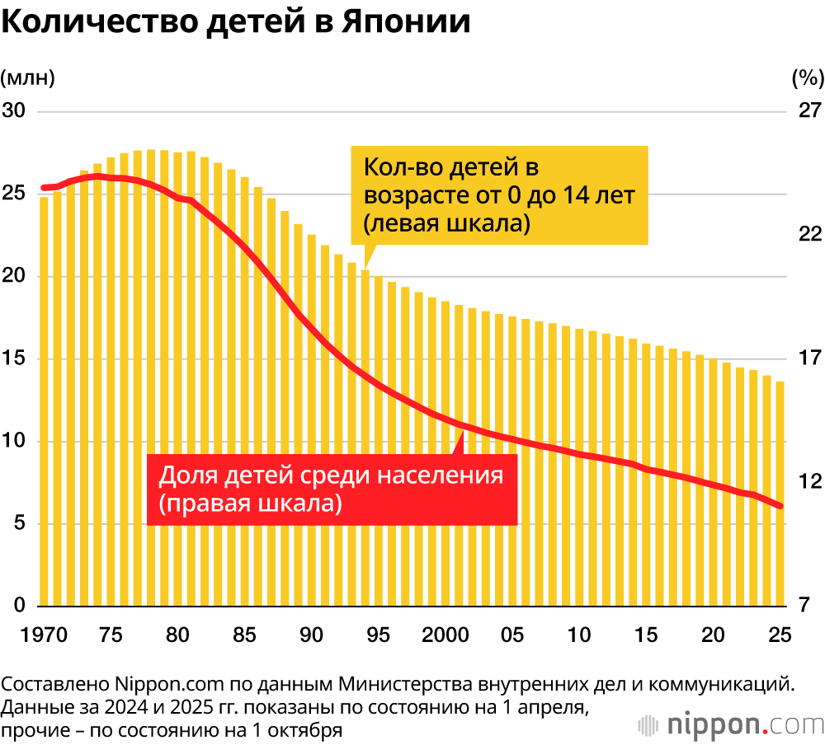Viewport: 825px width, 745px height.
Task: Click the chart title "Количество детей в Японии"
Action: (236, 22)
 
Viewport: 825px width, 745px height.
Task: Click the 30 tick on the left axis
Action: (15, 110)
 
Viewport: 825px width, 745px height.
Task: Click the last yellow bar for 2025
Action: (780, 494)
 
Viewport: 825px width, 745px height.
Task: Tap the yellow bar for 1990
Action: (312, 421)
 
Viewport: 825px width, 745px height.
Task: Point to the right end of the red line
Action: (780, 506)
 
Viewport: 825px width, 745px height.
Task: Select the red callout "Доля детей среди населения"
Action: (332, 489)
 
